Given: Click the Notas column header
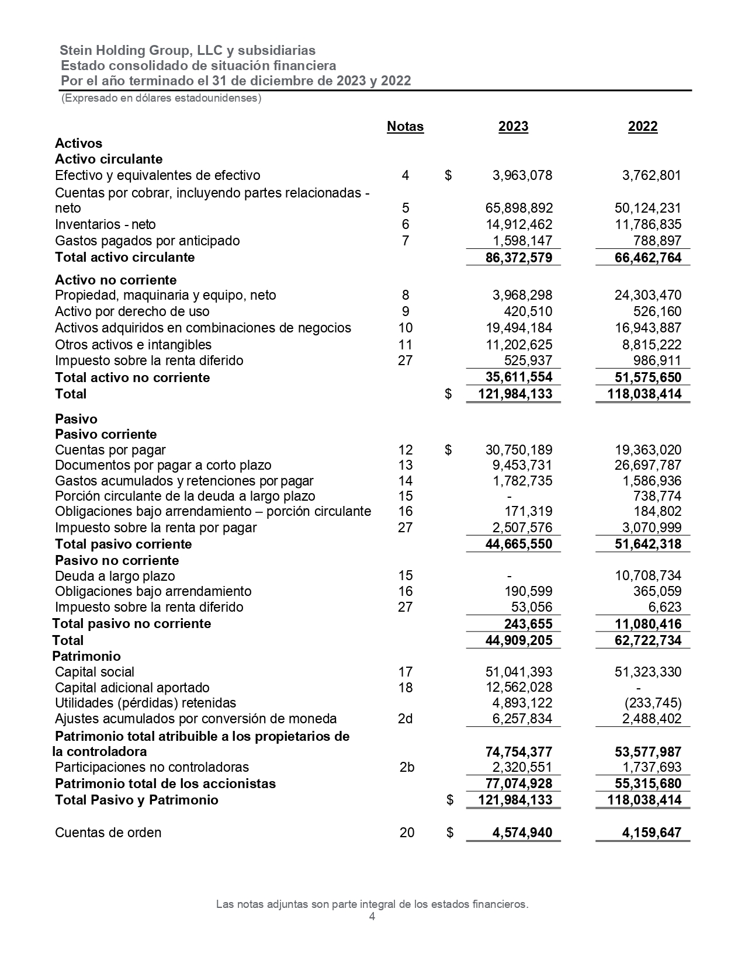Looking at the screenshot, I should pos(405,127).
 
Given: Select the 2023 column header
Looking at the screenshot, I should pos(513,127).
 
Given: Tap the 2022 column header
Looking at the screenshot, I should pos(643,127).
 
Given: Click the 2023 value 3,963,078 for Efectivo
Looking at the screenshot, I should pos(522,175).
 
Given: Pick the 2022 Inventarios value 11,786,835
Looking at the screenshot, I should pos(648,224).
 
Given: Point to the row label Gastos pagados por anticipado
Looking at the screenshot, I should pos(147,241).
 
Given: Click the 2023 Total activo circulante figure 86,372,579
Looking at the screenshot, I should pos(519,258).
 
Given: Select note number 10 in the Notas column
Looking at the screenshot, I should pos(405,328).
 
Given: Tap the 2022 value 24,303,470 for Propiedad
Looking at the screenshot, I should pos(648,295).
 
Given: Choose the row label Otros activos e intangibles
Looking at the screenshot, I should pos(133,345).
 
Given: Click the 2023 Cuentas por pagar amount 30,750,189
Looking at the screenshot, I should pos(519,450).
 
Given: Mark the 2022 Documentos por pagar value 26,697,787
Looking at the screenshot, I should pos(648,465).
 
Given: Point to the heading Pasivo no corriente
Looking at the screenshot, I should pos(117,560).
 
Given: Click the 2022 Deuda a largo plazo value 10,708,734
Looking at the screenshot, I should pos(648,575).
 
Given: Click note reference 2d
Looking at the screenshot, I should pos(405,719).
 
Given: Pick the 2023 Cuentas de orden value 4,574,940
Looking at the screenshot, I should pos(522,833).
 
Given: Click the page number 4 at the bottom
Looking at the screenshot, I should pos(372,917).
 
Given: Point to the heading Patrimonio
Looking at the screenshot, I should pos(86,656).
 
